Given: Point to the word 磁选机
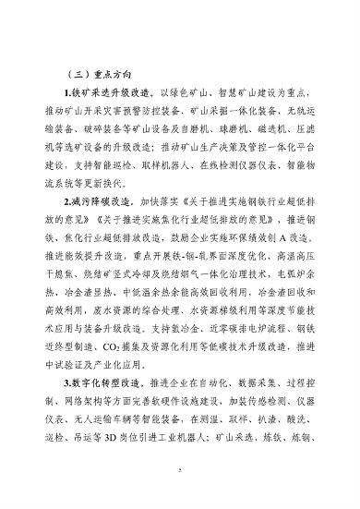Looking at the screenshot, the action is coord(263,134).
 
